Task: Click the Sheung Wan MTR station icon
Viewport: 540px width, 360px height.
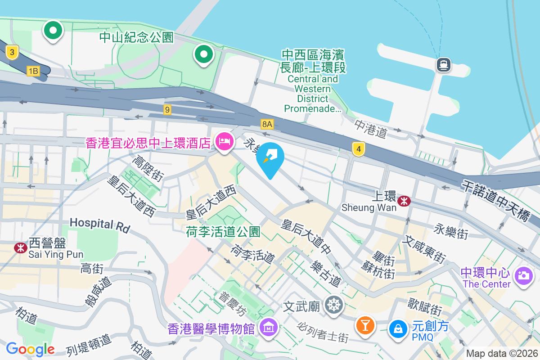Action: point(404,201)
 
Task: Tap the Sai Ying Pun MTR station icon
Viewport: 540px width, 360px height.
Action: point(20,247)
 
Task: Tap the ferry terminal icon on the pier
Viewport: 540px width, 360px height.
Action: point(444,65)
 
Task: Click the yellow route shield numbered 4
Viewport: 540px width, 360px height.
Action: point(358,149)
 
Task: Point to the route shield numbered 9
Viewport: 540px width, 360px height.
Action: point(167,109)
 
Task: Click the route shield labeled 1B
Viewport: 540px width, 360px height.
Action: point(33,71)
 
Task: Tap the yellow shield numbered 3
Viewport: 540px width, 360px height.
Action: point(12,53)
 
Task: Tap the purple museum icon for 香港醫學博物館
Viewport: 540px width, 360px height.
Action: point(269,328)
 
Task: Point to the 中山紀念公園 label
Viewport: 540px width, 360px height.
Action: point(137,37)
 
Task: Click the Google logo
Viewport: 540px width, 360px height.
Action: point(30,349)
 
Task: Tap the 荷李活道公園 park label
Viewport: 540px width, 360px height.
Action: point(223,232)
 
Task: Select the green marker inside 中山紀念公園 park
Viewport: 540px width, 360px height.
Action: point(203,54)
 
